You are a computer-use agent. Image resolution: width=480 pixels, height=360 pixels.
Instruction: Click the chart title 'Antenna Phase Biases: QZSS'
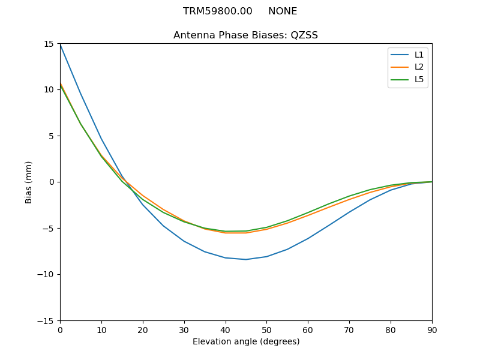pos(245,35)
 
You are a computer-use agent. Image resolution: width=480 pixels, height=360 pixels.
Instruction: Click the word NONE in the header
pos(283,11)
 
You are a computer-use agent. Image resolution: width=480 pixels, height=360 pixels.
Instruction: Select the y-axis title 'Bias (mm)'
pos(29,182)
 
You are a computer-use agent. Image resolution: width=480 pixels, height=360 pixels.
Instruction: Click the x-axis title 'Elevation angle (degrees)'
pos(246,342)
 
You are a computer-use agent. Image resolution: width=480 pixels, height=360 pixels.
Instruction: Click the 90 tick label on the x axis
pos(432,329)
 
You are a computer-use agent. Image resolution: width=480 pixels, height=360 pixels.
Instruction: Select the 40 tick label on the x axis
pos(225,329)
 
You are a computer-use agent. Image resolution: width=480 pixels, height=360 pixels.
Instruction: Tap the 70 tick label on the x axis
pos(349,329)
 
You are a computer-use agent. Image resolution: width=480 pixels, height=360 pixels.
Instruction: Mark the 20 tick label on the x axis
pos(143,329)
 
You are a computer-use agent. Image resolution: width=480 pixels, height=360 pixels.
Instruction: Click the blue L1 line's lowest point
pos(246,259)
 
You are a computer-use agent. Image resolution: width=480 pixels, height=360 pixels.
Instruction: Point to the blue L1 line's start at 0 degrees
pos(60,44)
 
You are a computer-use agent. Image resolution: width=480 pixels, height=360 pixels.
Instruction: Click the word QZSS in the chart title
pos(304,35)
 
